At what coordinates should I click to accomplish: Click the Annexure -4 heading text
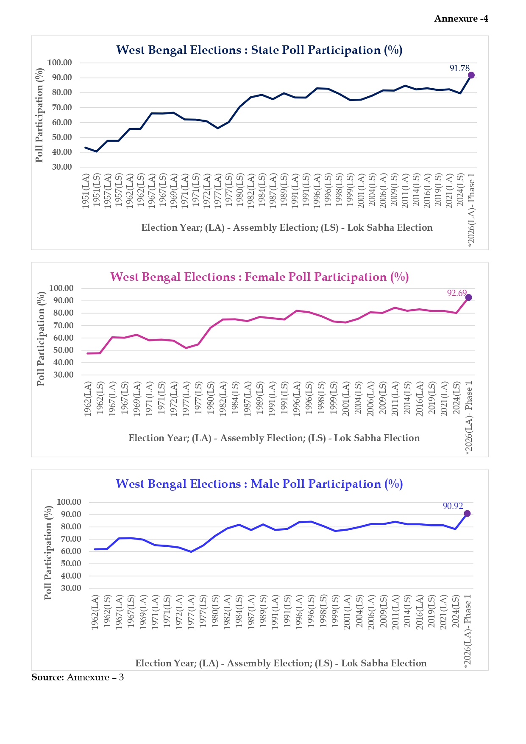click(461, 19)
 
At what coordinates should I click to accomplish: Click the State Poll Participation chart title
click(259, 50)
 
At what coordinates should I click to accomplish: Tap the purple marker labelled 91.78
click(471, 75)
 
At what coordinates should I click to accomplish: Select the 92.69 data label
click(456, 293)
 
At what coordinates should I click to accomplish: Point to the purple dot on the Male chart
click(467, 514)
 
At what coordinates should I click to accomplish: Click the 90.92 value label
click(453, 506)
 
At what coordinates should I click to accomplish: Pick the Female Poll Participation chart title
click(259, 277)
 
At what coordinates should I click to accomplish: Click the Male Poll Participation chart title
click(259, 484)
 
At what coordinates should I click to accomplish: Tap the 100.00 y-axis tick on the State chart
click(59, 63)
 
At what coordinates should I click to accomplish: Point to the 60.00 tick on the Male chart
click(69, 551)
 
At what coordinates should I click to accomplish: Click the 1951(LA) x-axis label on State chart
click(86, 190)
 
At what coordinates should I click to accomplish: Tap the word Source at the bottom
click(47, 677)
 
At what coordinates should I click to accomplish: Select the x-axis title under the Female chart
click(274, 438)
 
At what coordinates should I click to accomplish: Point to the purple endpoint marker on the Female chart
click(468, 297)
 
